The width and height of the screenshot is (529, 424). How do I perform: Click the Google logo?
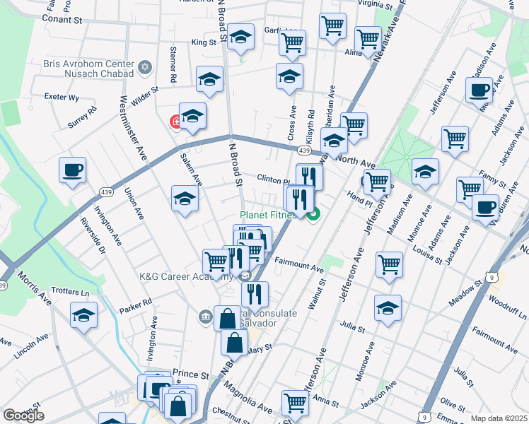(x=23, y=416)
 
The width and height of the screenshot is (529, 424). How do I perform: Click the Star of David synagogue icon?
(x=146, y=68)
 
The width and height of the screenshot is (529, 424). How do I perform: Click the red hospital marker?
(x=175, y=122)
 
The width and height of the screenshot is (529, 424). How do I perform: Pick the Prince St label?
(x=191, y=375)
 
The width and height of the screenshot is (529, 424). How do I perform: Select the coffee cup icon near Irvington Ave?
(x=72, y=171)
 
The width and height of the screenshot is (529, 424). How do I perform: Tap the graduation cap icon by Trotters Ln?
(x=83, y=316)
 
